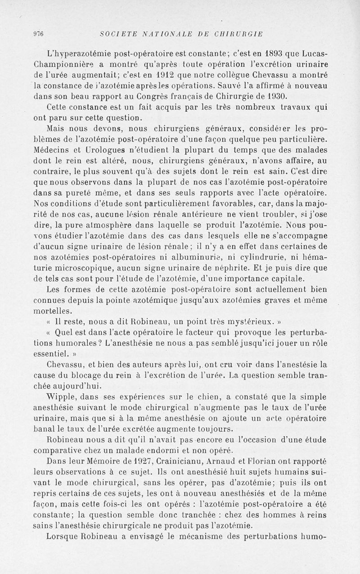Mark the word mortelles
tap(53, 311)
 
